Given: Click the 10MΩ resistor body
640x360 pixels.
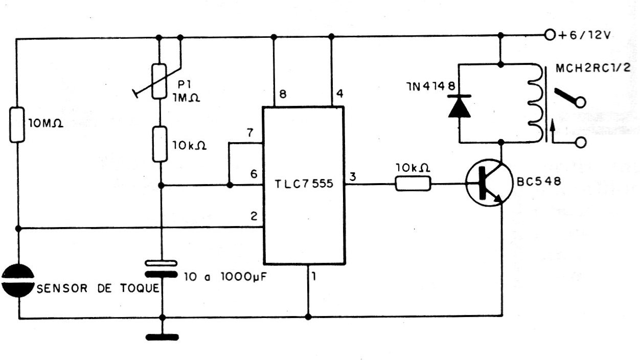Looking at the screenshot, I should click(x=16, y=124).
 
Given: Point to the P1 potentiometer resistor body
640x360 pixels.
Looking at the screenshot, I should click(x=159, y=81).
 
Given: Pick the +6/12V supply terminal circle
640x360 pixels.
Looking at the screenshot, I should click(x=550, y=35).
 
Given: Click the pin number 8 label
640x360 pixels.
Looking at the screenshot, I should click(x=283, y=95).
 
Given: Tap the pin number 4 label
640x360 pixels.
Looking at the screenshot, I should click(x=339, y=95).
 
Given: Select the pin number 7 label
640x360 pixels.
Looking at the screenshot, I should click(x=249, y=133).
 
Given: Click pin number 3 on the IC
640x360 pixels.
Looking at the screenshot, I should click(x=353, y=177).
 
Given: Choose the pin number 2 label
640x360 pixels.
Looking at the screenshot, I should click(x=253, y=217).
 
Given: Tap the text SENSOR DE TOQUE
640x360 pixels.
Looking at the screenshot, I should click(x=98, y=288).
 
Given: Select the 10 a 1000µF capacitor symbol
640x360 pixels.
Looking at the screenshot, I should click(x=161, y=268).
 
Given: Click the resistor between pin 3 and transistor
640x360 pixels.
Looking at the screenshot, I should click(x=413, y=185).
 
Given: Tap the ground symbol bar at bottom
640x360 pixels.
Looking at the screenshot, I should click(x=162, y=337).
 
